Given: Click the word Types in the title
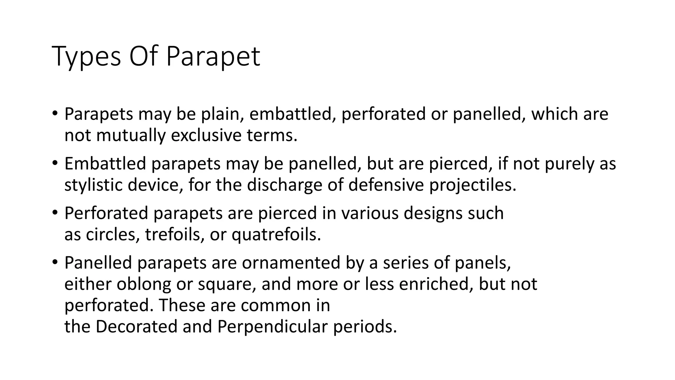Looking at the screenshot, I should click(x=86, y=57).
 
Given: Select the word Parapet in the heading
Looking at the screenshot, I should click(x=213, y=57).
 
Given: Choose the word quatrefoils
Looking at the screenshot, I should click(x=276, y=235).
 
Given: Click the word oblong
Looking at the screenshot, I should click(x=143, y=284).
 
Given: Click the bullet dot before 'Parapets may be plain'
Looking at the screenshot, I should click(x=55, y=114).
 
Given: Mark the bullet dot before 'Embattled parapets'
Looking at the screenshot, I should click(x=55, y=164).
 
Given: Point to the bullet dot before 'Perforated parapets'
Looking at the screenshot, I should click(x=55, y=213).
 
